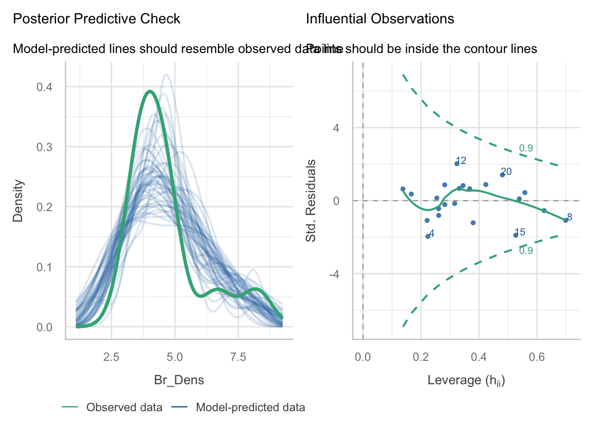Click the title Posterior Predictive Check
click(97, 19)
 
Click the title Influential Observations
click(380, 19)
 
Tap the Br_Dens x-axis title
click(179, 380)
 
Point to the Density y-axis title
click(18, 201)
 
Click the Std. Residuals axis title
click(311, 201)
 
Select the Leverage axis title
click(466, 380)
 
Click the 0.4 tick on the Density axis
click(44, 87)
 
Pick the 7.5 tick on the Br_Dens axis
click(238, 357)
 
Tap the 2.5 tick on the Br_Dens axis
click(111, 357)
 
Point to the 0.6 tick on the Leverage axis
click(537, 357)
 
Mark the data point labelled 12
click(457, 163)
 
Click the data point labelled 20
click(502, 175)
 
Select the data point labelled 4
click(428, 236)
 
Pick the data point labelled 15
click(515, 235)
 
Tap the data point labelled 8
click(566, 220)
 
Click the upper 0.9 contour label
click(526, 148)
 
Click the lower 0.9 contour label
click(526, 251)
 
